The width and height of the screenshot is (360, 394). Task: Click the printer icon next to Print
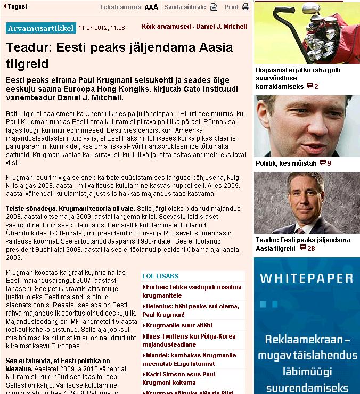click(x=246, y=7)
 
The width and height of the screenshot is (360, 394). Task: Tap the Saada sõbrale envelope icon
click(x=214, y=7)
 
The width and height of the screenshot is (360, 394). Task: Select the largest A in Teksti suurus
click(x=156, y=7)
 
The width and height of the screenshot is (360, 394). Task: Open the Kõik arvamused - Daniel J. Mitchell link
click(x=194, y=27)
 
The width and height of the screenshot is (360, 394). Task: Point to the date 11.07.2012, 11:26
click(x=101, y=27)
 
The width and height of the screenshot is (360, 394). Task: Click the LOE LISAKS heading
click(x=160, y=276)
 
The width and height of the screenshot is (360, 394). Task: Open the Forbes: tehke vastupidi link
click(x=191, y=287)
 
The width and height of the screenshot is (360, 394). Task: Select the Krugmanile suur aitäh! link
click(x=179, y=325)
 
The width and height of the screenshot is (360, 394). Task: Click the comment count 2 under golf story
click(x=313, y=86)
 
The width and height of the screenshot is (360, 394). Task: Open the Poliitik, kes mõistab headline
click(x=286, y=163)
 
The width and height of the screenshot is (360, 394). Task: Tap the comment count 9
click(x=325, y=163)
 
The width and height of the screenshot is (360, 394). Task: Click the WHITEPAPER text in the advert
click(x=307, y=278)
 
